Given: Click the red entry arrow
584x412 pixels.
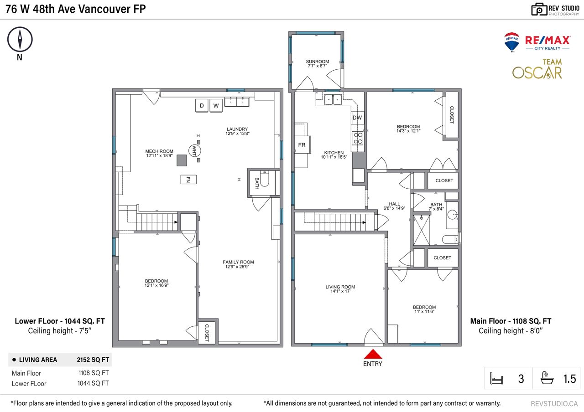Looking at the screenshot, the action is pos(373,354).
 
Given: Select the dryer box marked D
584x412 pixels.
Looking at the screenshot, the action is pos(202,105).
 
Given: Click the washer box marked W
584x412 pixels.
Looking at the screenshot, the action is pos(216,105).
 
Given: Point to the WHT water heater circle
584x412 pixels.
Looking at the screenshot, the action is pos(194,150).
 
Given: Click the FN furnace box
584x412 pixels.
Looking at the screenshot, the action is pos(188,180).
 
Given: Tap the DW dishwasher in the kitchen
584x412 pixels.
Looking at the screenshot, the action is pos(357,118).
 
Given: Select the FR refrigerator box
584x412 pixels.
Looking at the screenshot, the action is pos(302,145).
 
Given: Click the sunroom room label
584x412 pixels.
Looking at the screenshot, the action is pos(317,63).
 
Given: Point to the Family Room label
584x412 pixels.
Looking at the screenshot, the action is pos(238,264).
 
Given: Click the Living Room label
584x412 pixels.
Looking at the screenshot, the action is pos(340,289).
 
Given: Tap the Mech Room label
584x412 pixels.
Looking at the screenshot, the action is pos(159,153).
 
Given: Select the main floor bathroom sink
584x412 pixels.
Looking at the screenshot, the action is pos(453,215).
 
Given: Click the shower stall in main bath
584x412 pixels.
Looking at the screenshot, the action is pos(422,230).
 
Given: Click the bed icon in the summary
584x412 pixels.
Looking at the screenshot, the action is pos(496,378).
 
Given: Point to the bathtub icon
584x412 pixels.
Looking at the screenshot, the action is pos(547,378).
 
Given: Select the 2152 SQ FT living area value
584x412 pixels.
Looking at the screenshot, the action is pos(93,360).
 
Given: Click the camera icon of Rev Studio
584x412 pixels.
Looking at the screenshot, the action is pos(539,10).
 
